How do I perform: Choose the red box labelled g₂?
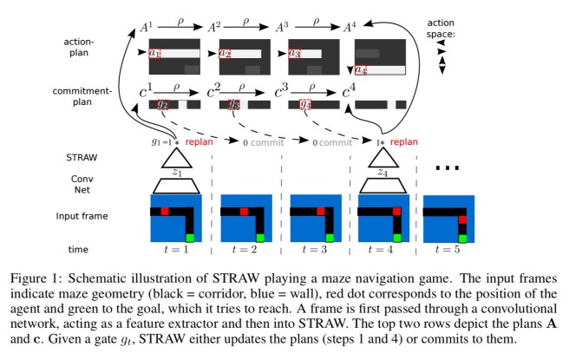click(x=161, y=104)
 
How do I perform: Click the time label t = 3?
click(x=313, y=249)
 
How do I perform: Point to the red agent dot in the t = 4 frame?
click(x=395, y=211)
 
